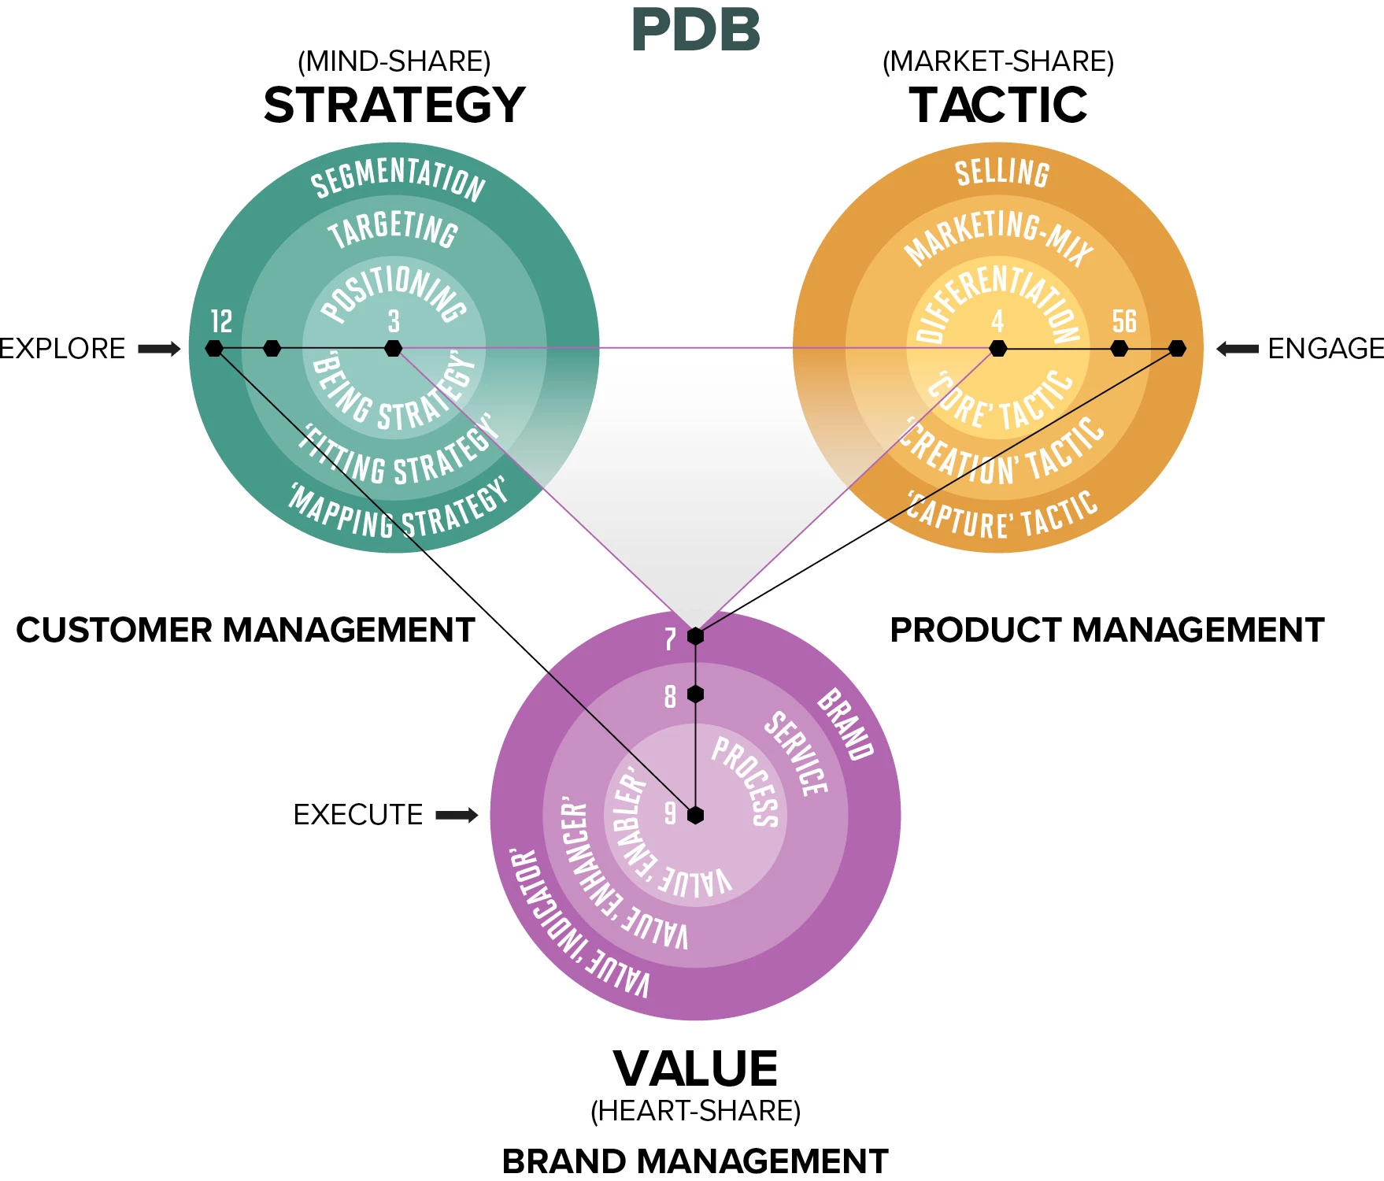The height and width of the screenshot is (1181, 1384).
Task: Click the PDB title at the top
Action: click(696, 31)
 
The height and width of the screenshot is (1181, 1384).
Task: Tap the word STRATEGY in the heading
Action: click(394, 106)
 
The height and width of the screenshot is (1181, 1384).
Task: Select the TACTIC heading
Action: click(998, 106)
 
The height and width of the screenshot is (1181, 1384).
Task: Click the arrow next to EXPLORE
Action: click(160, 349)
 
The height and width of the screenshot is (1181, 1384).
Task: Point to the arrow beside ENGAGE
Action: click(1237, 349)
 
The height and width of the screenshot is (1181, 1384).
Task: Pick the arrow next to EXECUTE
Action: click(457, 815)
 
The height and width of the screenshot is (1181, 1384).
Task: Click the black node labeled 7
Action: click(695, 635)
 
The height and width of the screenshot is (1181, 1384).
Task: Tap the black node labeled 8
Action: click(695, 694)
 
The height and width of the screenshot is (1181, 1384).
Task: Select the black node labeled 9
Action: click(695, 815)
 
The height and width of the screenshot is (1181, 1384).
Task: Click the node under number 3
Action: click(394, 348)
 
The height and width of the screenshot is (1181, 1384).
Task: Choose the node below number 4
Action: click(998, 348)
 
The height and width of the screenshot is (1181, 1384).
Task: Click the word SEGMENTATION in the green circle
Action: click(398, 177)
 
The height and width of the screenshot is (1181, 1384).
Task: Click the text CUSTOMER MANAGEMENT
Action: click(246, 630)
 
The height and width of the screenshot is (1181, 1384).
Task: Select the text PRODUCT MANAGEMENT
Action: click(1107, 630)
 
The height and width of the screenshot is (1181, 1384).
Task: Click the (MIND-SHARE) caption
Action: click(394, 61)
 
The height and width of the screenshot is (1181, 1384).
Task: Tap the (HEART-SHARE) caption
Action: click(696, 1111)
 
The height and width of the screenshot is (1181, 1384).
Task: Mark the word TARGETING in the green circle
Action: click(393, 229)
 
